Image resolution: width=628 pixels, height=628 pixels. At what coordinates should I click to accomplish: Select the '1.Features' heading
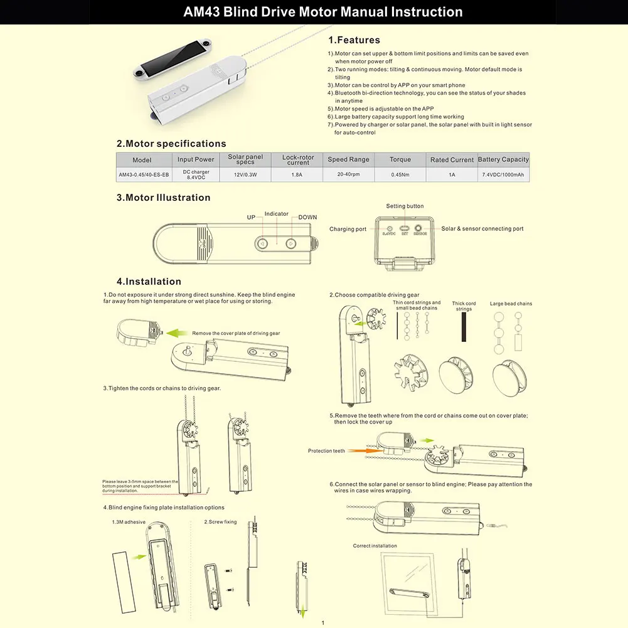pos(354,40)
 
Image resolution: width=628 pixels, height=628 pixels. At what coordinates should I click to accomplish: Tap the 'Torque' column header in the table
pos(400,159)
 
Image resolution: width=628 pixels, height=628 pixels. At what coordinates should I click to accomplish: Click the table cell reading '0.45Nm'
pos(400,174)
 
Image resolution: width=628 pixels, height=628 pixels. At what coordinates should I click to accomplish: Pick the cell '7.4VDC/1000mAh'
pos(503,174)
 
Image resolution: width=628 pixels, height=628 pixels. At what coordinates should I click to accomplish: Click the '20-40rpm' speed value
pos(349,174)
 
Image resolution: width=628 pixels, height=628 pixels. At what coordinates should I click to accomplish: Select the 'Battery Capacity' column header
pos(503,159)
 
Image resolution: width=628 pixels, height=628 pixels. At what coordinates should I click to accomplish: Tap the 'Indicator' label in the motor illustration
pos(276,214)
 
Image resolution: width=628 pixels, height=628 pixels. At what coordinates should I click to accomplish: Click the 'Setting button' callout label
pos(405,206)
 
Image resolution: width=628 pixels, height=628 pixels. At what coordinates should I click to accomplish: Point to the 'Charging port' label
pos(348,229)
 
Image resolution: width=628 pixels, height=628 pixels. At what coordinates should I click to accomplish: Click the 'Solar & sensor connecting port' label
pos(482,229)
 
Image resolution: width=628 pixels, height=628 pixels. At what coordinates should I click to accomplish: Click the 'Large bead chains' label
pos(511,304)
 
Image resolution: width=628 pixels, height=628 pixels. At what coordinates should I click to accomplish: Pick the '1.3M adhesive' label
pos(129,521)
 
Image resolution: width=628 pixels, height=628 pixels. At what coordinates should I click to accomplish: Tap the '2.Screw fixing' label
pos(220,521)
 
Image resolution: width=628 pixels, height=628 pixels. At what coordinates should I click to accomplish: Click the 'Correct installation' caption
pos(375,546)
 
